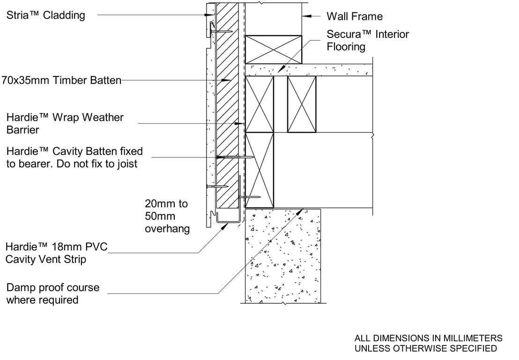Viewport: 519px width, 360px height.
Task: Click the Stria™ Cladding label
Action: click(46, 15)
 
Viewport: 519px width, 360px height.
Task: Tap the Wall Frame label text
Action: click(355, 16)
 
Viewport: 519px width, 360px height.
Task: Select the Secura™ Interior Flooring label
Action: click(368, 40)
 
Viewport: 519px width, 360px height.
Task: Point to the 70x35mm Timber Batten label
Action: click(61, 80)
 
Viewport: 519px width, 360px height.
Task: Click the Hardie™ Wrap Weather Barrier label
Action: click(65, 124)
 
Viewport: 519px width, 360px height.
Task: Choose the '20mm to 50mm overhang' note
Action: click(167, 216)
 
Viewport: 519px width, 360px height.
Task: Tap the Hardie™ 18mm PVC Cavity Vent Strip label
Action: click(57, 253)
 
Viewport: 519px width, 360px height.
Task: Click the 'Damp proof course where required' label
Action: click(52, 293)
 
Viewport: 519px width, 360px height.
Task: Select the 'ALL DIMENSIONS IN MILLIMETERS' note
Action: click(428, 338)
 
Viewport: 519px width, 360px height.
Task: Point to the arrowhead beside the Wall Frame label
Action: click(306, 15)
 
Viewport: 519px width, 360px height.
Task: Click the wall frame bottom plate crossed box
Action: click(274, 49)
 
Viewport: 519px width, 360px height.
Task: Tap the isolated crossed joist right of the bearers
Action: click(302, 105)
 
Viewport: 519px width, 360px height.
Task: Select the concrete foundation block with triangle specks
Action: click(282, 255)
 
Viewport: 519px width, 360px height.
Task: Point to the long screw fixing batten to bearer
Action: click(235, 157)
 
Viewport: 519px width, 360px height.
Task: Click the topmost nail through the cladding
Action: click(221, 31)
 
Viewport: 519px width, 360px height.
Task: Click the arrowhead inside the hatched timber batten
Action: click(226, 80)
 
